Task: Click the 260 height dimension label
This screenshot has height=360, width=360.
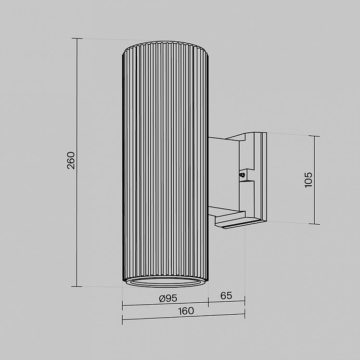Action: tap(71, 160)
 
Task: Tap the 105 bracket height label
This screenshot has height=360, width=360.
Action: tap(309, 180)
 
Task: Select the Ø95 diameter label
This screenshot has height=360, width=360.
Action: tap(168, 298)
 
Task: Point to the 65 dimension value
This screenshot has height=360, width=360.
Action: tap(226, 296)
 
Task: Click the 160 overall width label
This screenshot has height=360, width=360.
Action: tap(186, 311)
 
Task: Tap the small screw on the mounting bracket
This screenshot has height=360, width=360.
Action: tap(242, 175)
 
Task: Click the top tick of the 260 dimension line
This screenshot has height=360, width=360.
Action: tap(77, 39)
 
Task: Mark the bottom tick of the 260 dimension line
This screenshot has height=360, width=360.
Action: tap(77, 286)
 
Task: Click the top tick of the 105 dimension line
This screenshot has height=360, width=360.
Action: tap(314, 136)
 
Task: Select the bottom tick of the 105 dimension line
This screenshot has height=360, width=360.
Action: tap(314, 224)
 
